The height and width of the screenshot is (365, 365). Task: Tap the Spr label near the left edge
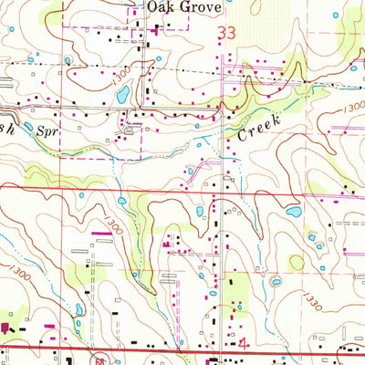(46, 130)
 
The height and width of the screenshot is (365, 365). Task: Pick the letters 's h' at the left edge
(8, 127)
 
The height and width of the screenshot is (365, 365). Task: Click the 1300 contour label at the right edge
(354, 108)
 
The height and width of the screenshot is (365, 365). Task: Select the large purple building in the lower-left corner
(5, 327)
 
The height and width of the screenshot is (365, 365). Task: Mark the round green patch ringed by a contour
(297, 262)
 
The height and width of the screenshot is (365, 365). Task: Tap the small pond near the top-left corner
(32, 60)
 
